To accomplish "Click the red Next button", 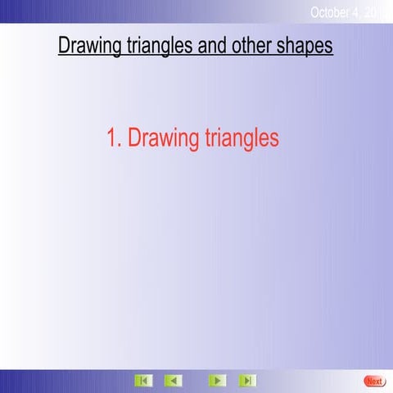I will [374, 381].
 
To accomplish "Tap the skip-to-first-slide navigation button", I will [143, 381].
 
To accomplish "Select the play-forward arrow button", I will [216, 381].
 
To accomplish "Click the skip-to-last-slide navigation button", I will [246, 381].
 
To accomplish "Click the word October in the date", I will [330, 12].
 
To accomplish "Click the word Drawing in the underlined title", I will [89, 45].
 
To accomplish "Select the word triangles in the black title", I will [158, 45].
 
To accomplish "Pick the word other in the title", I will [252, 45].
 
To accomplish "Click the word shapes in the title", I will [305, 45].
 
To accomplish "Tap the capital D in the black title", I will [65, 45].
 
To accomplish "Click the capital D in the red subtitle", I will [135, 138].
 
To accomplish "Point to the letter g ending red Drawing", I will [193, 141].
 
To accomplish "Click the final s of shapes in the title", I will [328, 46].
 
